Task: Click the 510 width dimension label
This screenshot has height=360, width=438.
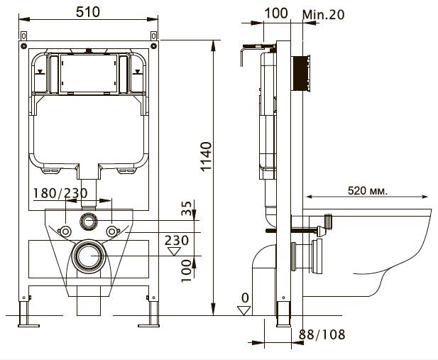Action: [88, 12]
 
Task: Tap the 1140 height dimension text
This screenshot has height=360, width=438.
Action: [207, 156]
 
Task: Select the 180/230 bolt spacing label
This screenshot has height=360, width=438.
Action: [60, 193]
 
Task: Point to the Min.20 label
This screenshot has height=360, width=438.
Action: [324, 14]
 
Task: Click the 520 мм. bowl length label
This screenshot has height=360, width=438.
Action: [368, 190]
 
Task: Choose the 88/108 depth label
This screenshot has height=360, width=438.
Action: [322, 334]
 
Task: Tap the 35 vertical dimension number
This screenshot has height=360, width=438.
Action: [187, 208]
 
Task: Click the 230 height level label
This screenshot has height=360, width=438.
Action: [177, 241]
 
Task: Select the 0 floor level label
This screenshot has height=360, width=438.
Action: [245, 298]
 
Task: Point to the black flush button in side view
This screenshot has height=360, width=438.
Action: [300, 73]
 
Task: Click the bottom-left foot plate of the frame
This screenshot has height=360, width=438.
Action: [29, 326]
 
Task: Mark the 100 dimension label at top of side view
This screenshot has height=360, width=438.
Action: [276, 13]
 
